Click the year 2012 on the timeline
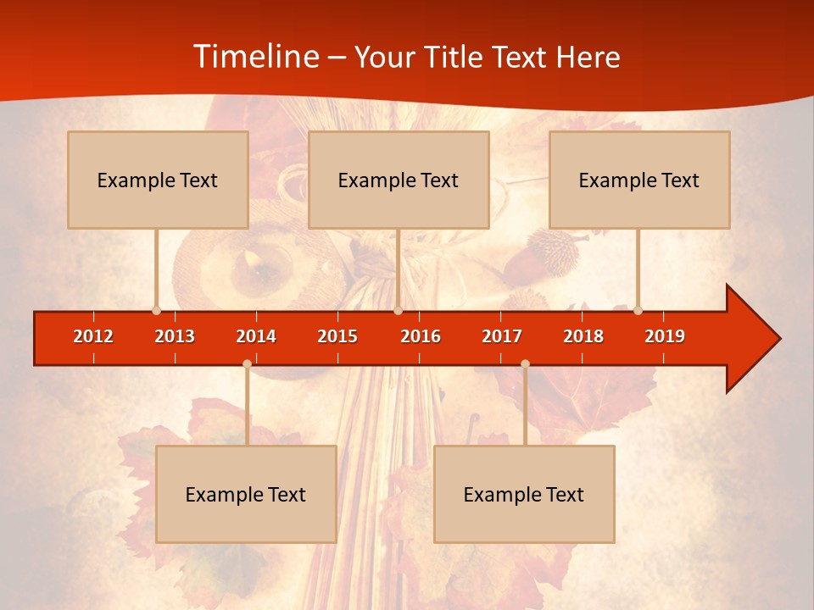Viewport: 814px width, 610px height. point(93,336)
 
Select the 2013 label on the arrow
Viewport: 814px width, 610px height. point(175,336)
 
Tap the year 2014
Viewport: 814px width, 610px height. point(256,336)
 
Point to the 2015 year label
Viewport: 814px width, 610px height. point(337,336)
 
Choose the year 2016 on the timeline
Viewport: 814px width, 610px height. point(421,336)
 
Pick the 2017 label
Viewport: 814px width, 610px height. point(502,336)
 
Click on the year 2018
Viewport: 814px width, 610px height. point(583,336)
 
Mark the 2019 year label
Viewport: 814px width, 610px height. point(665,336)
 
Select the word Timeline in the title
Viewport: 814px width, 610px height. point(254,57)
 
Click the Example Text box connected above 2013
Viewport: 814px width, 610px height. point(158,180)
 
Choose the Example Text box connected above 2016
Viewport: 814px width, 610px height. point(399,180)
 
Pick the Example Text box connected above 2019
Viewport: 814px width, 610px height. point(639,180)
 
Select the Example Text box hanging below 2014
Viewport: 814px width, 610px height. point(246,494)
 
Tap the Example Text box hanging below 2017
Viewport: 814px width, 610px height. point(524,494)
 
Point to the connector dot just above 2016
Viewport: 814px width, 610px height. point(398,310)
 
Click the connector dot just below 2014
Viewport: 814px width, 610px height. point(247,363)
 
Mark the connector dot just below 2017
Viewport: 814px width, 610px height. point(525,363)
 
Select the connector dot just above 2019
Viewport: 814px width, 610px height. point(638,310)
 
